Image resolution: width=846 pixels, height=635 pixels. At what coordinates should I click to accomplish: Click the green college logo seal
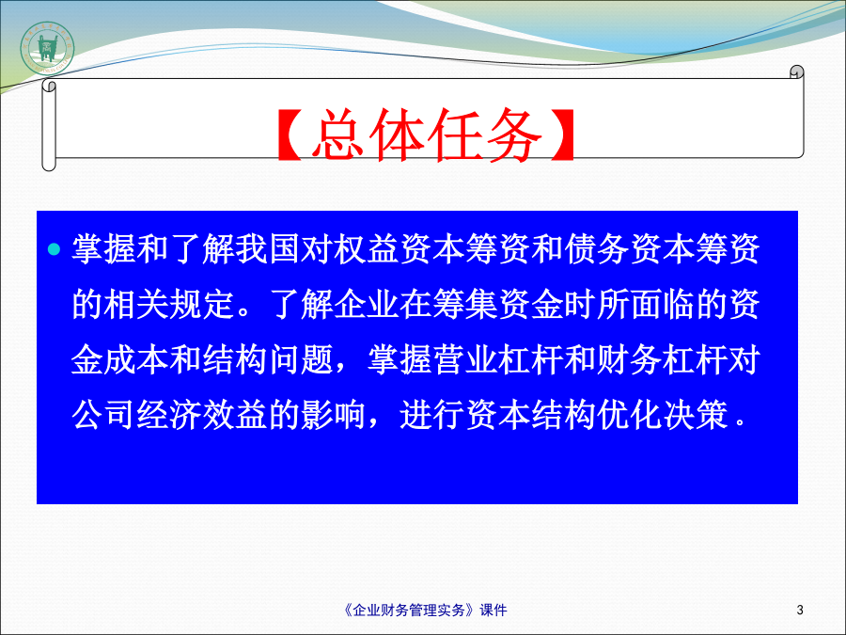[48, 49]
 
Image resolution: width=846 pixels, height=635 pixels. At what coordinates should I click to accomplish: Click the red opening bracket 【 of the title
[290, 135]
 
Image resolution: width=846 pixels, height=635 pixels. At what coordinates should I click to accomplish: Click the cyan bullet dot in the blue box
[54, 249]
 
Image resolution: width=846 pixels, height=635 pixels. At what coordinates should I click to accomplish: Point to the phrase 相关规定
[169, 305]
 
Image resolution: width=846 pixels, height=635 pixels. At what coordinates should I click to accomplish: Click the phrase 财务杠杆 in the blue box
[663, 360]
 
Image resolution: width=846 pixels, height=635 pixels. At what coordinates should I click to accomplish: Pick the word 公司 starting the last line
[103, 415]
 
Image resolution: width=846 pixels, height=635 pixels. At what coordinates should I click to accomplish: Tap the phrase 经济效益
[202, 415]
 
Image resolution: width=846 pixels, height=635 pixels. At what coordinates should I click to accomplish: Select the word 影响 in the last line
[333, 415]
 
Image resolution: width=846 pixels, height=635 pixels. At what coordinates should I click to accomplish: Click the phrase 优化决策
[663, 415]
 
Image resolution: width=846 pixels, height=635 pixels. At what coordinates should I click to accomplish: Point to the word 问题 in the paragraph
[301, 360]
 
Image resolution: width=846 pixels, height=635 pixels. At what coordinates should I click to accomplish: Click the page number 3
[800, 611]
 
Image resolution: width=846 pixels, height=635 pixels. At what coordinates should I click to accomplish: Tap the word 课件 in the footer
[493, 611]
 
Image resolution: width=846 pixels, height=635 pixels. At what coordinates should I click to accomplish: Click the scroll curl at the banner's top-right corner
[796, 71]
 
